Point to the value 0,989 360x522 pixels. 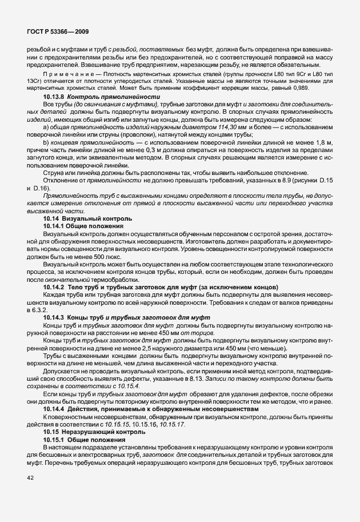[x=321, y=89]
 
